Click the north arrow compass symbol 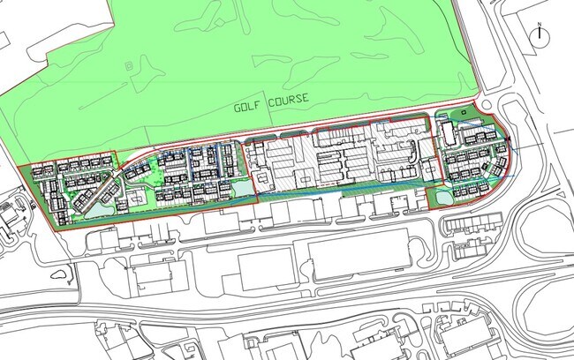(x=540, y=35)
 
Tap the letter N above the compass (x=540, y=24)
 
